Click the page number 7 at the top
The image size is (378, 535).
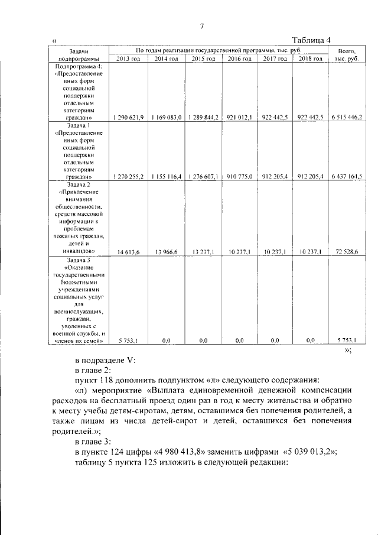pyautogui.click(x=201, y=26)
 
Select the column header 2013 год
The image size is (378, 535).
pyautogui.click(x=128, y=59)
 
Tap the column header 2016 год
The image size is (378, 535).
pyautogui.click(x=239, y=59)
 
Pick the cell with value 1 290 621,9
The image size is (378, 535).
pyautogui.click(x=128, y=118)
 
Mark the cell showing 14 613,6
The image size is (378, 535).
pyautogui.click(x=128, y=252)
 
